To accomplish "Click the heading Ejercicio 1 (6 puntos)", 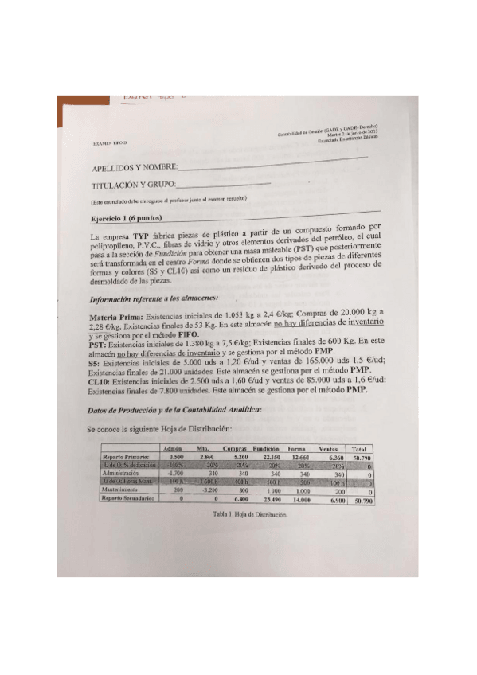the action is click(x=128, y=217).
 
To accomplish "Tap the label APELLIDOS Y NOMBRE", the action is click(x=134, y=169).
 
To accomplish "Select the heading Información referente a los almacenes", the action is click(x=152, y=298).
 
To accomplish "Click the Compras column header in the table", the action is click(x=234, y=450).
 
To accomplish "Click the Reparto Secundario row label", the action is click(x=123, y=498).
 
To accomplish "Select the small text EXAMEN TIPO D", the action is click(x=106, y=142).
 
